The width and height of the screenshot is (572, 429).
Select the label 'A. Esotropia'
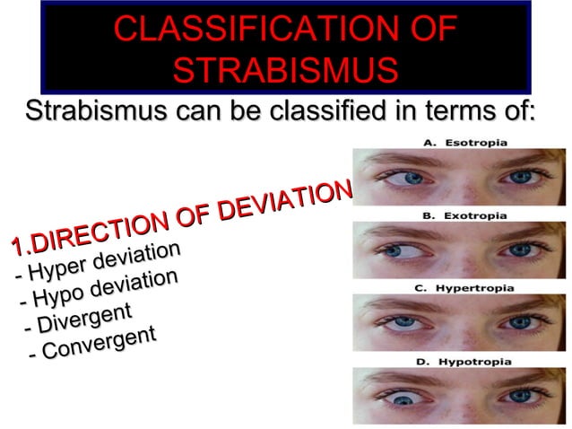464,142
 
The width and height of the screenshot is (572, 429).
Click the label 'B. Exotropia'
464,215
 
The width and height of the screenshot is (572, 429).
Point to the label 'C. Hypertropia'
464,289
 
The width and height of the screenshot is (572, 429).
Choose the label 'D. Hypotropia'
464,362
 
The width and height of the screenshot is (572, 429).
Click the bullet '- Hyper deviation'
100,263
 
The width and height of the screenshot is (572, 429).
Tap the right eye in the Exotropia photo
520,249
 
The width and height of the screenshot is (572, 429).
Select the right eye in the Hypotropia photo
520,396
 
